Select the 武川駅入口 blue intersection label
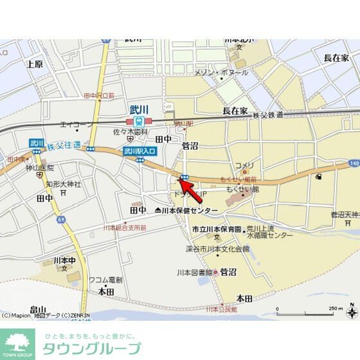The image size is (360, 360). (139, 151)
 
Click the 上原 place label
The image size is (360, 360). (35, 64)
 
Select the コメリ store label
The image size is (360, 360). (244, 165)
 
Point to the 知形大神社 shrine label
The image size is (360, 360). (63, 183)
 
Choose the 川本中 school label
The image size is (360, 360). (65, 260)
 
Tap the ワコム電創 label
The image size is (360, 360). (105, 280)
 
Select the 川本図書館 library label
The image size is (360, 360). (195, 273)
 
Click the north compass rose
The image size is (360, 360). (351, 313)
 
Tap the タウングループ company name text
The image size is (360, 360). (91, 349)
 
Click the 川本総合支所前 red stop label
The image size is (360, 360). (125, 227)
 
